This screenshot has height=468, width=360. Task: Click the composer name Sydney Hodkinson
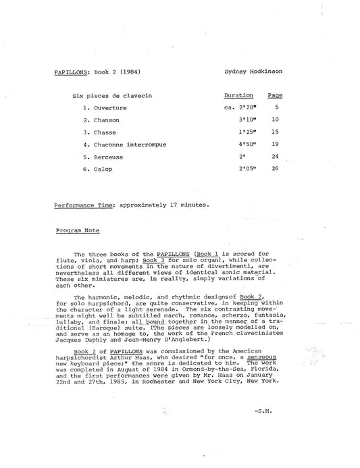pyautogui.click(x=253, y=71)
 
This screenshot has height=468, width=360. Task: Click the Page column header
pyautogui.click(x=275, y=96)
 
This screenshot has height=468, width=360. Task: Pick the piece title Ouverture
pyautogui.click(x=109, y=108)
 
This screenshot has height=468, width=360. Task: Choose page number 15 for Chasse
pyautogui.click(x=275, y=132)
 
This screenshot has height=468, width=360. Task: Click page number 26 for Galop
pyautogui.click(x=275, y=169)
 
